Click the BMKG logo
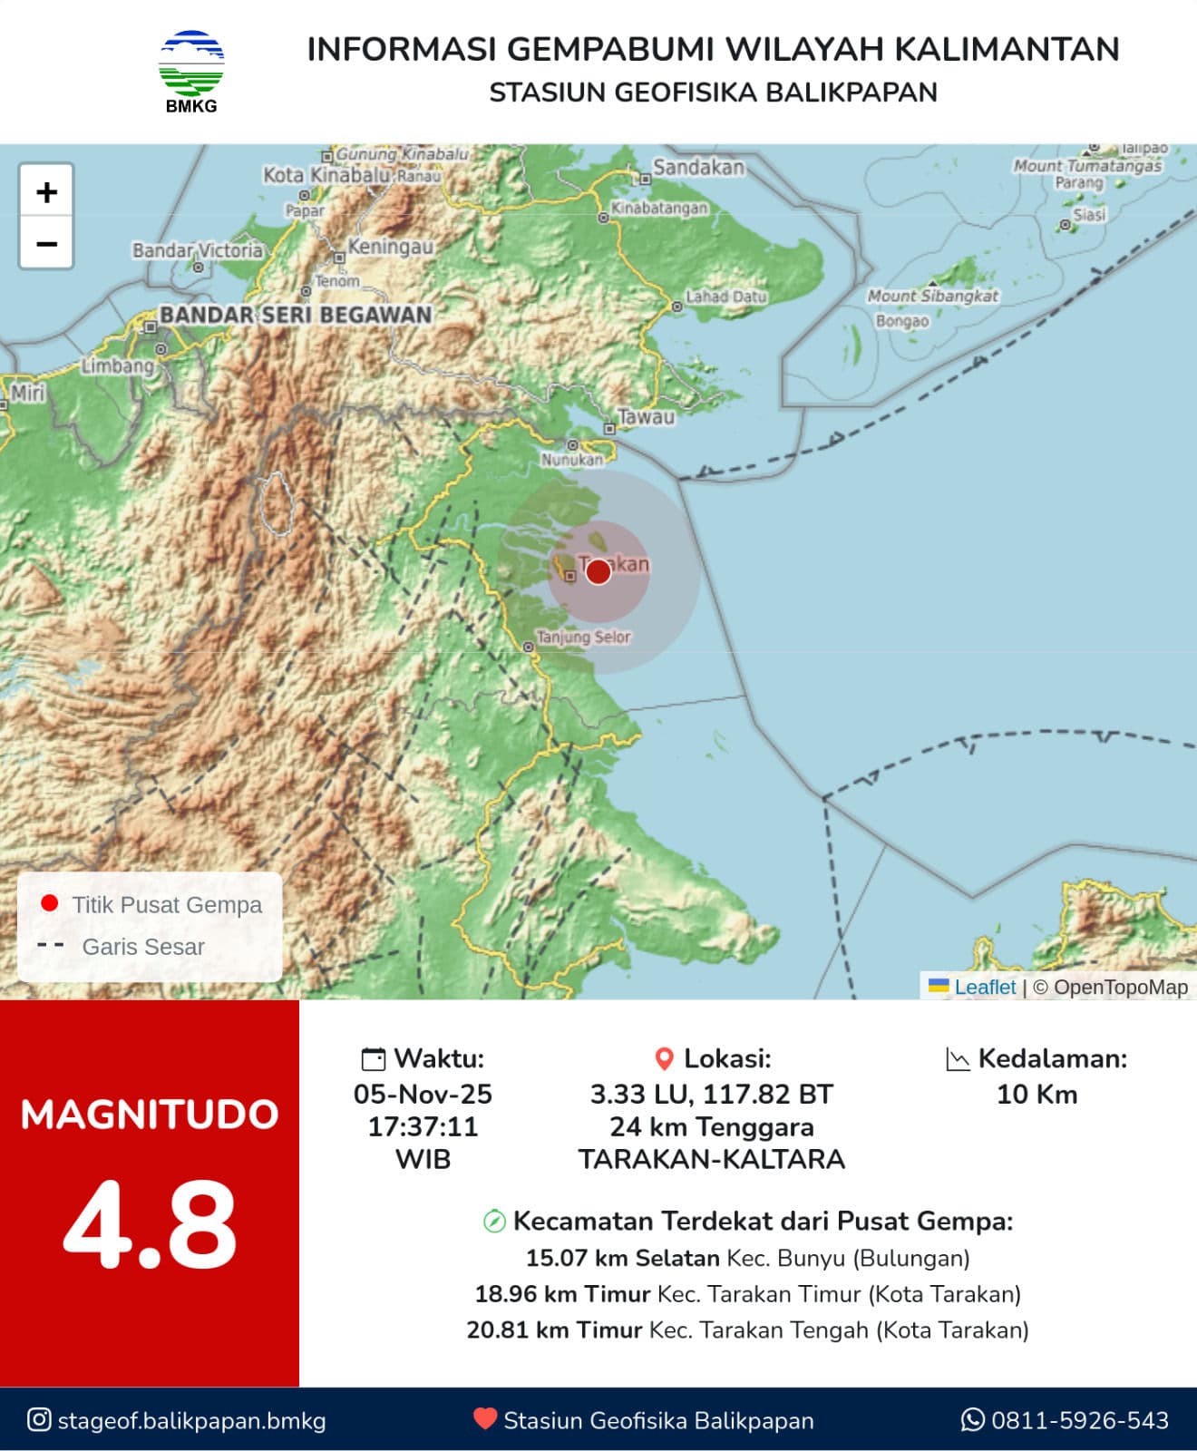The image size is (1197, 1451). pyautogui.click(x=191, y=71)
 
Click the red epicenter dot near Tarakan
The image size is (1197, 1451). pyautogui.click(x=598, y=571)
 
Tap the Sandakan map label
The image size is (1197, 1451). pyautogui.click(x=698, y=168)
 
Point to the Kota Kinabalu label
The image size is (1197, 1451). pyautogui.click(x=326, y=175)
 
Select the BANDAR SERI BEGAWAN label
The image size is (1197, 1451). pyautogui.click(x=296, y=316)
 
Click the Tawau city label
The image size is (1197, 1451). pyautogui.click(x=647, y=418)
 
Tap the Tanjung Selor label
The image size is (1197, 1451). pyautogui.click(x=583, y=638)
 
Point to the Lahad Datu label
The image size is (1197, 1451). pyautogui.click(x=725, y=297)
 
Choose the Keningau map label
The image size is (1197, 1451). pyautogui.click(x=391, y=247)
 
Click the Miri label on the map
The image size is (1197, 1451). pyautogui.click(x=27, y=393)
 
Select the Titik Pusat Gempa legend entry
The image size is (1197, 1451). pyautogui.click(x=166, y=904)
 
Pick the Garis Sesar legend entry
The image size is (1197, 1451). pyautogui.click(x=142, y=947)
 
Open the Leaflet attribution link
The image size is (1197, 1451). pyautogui.click(x=985, y=988)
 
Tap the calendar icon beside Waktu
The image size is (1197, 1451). pyautogui.click(x=373, y=1059)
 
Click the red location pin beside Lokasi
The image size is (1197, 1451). pyautogui.click(x=665, y=1059)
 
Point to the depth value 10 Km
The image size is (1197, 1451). pyautogui.click(x=1036, y=1095)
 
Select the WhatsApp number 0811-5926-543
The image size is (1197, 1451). pyautogui.click(x=1079, y=1420)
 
